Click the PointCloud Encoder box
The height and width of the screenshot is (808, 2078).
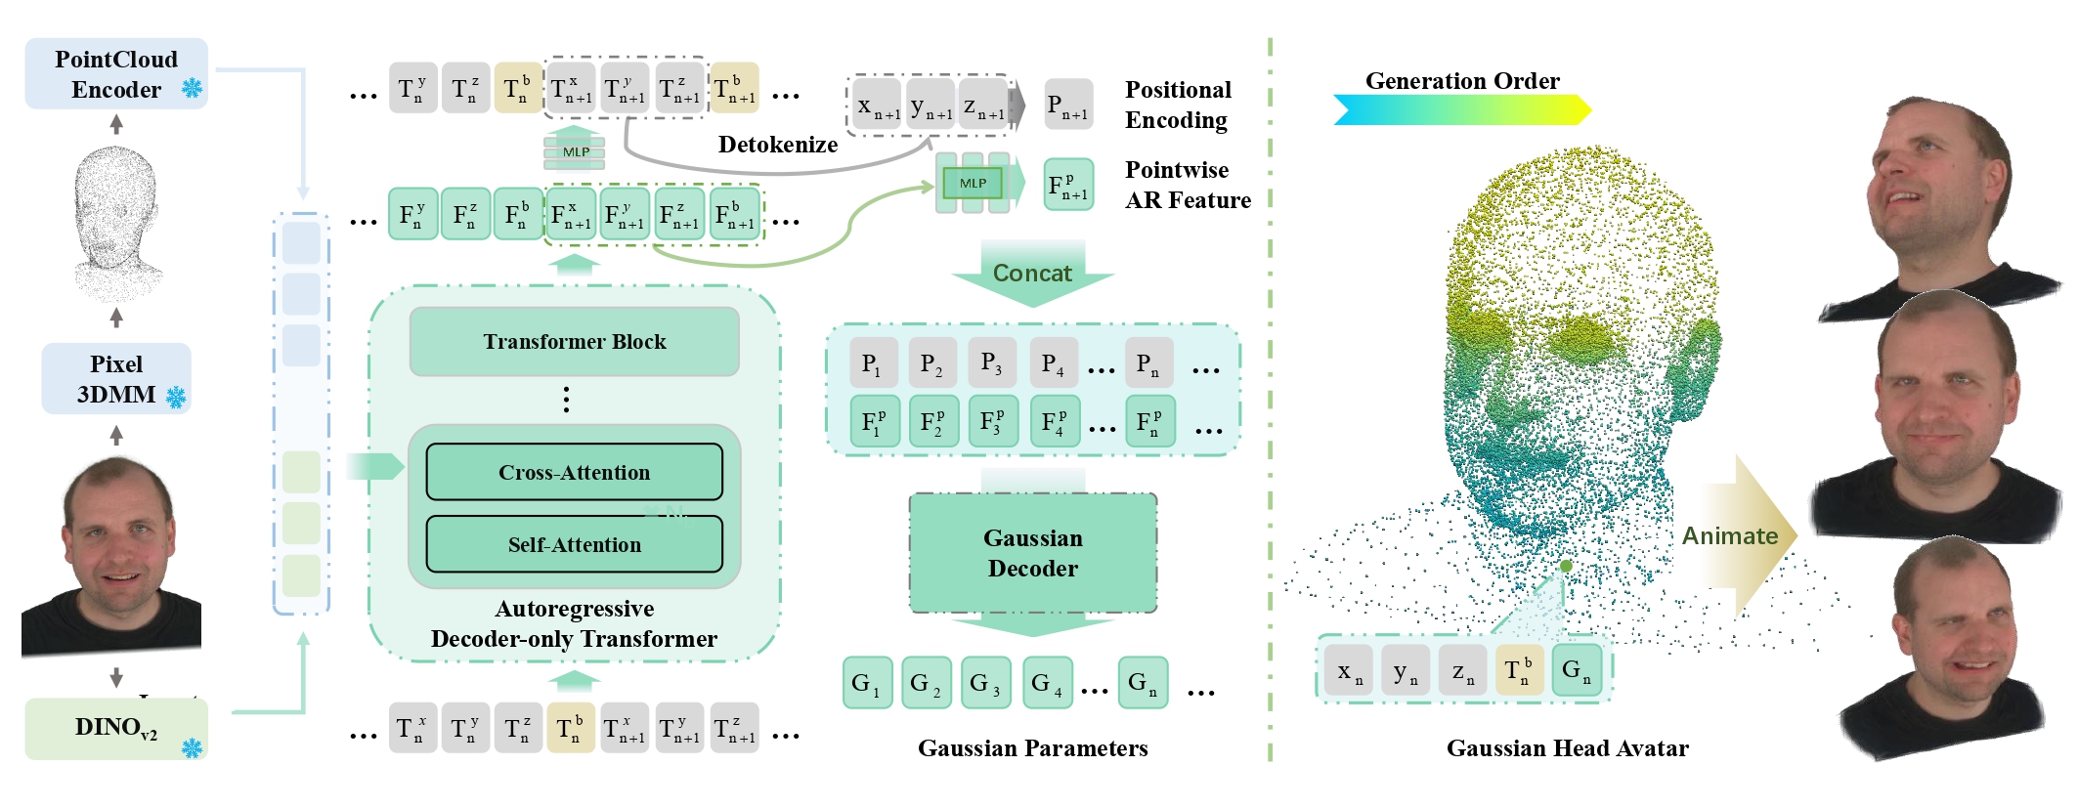click(x=115, y=73)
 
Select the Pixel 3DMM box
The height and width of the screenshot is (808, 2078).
click(x=115, y=378)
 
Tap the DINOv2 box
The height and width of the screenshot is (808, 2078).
click(x=115, y=728)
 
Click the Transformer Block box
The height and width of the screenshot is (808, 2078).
click(x=574, y=341)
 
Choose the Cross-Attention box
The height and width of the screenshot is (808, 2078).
click(x=574, y=472)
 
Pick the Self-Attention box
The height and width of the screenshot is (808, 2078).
click(x=574, y=544)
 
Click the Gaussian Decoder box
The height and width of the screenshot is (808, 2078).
click(x=1032, y=553)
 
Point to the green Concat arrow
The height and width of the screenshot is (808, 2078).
click(x=1032, y=273)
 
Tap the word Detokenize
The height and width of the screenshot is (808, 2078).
click(x=777, y=145)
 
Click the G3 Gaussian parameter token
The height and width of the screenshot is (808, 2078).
click(x=985, y=683)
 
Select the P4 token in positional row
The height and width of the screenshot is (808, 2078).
click(x=1053, y=363)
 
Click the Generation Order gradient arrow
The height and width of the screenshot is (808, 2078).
click(x=1461, y=109)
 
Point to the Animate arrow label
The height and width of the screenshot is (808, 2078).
click(x=1730, y=535)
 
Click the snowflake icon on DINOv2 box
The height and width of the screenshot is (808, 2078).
click(x=192, y=748)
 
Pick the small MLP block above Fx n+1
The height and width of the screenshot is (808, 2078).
click(x=575, y=151)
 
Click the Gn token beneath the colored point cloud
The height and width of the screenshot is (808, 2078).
click(x=1576, y=670)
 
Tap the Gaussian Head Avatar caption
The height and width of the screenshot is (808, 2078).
click(x=1567, y=748)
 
